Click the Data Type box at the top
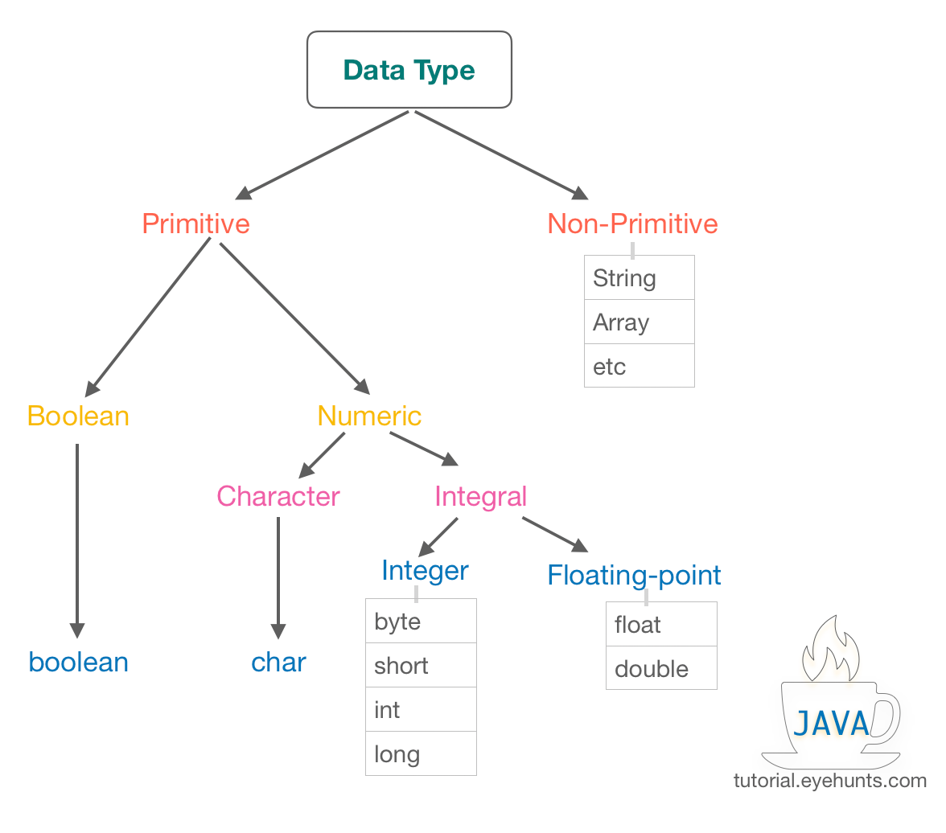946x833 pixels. [409, 70]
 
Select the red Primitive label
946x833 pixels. [195, 224]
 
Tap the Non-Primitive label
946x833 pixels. [632, 224]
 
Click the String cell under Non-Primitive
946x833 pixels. [639, 278]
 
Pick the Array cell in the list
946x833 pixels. [639, 322]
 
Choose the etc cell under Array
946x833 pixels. [639, 367]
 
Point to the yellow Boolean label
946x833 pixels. [78, 416]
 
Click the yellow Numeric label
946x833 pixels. [369, 416]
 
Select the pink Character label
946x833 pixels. [278, 496]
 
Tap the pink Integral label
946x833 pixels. [480, 496]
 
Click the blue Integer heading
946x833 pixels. [425, 571]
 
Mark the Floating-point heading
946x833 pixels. [634, 576]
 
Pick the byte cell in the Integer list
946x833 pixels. [421, 622]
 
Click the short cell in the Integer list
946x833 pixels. [421, 666]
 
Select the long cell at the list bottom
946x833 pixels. [421, 754]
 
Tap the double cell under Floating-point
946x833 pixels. [660, 669]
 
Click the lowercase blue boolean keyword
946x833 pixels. [78, 663]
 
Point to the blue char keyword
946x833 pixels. [278, 663]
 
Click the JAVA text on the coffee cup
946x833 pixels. [831, 724]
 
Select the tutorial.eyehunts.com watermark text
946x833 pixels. [829, 781]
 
